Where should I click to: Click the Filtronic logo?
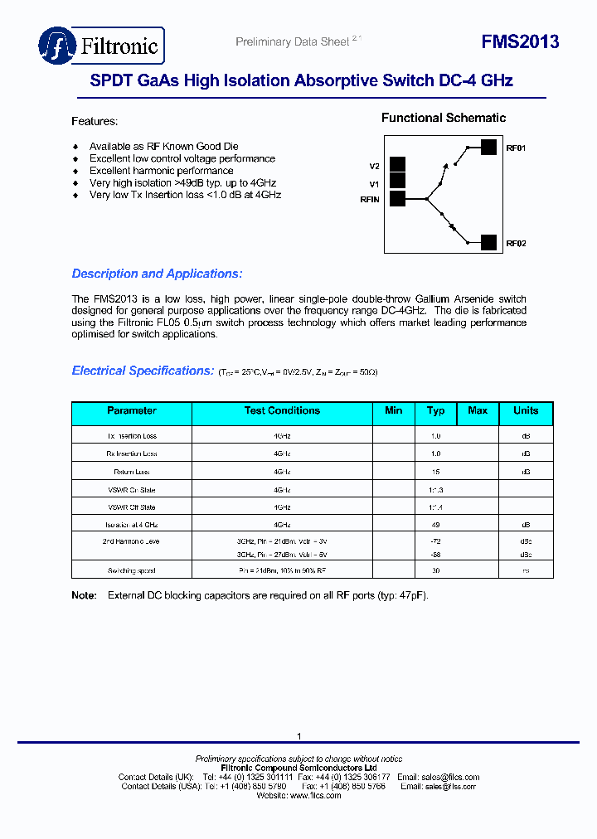[100, 46]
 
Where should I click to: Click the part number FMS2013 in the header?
[520, 42]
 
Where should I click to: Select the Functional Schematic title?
[443, 119]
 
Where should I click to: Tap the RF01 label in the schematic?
[516, 148]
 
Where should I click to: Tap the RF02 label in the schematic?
[516, 244]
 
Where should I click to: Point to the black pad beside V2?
[397, 164]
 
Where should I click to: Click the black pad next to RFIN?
[397, 198]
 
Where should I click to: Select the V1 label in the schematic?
[374, 184]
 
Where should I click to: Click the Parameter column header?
[132, 411]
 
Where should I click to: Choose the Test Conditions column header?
[282, 411]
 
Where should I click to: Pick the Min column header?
[394, 411]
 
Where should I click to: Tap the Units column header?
[526, 411]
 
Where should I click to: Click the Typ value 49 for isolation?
[436, 525]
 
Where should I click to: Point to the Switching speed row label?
[132, 571]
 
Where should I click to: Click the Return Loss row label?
[132, 472]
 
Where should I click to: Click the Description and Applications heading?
[157, 274]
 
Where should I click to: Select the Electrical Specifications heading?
[143, 371]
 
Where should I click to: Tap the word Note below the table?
[84, 595]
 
